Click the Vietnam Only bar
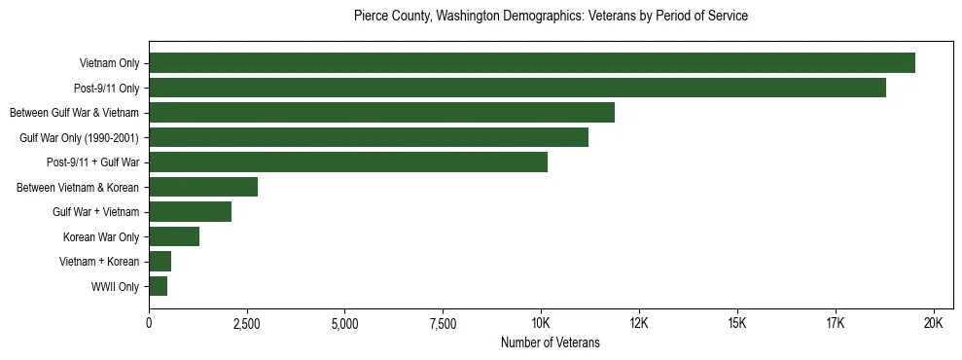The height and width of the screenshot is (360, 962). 532,63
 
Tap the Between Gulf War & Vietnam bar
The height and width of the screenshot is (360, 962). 381,113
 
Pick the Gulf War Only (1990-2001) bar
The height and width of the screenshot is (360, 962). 369,137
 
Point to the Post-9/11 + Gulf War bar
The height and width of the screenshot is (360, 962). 348,162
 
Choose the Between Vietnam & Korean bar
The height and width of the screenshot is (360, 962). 203,187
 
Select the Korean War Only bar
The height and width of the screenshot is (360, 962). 174,236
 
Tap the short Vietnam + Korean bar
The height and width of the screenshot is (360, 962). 160,262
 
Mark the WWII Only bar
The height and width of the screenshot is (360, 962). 159,286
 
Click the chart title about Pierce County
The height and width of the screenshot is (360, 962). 551,17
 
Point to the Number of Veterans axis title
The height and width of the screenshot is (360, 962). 551,342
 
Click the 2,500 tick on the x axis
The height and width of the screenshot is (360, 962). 247,323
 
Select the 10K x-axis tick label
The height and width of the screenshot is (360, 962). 541,323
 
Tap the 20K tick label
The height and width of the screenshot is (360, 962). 933,323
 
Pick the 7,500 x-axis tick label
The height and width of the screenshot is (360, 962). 443,323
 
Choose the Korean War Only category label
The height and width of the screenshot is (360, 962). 101,237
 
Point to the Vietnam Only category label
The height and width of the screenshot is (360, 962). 109,64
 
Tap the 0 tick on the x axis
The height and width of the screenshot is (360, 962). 149,323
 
